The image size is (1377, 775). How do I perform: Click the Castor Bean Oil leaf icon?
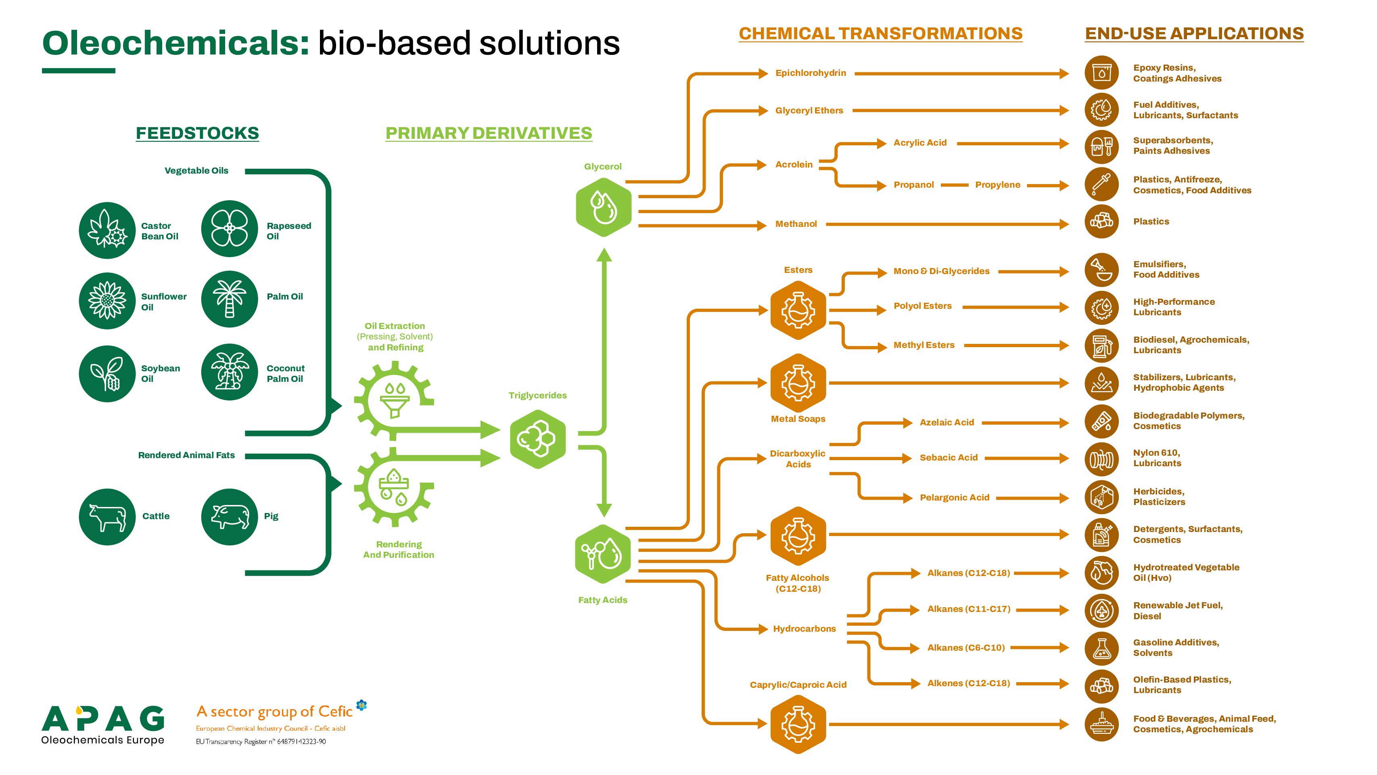pos(107,230)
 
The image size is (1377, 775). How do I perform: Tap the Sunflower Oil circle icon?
pos(107,301)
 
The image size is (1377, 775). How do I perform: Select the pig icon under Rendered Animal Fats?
pos(230,517)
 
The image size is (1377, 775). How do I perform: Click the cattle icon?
pos(107,517)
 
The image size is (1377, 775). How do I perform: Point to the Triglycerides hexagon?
pos(538,439)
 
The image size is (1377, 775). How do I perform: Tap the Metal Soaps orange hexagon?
pos(798,383)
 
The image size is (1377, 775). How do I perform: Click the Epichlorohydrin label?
pos(811,73)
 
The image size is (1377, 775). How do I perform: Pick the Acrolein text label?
pos(794,164)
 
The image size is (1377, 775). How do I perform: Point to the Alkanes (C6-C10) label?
pos(966,648)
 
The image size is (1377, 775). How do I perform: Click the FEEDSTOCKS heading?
pos(197,133)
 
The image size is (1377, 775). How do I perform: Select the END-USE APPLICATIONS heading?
pos(1194,33)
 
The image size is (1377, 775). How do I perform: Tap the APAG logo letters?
pos(103,718)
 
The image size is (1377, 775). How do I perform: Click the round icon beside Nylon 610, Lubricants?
pos(1102,459)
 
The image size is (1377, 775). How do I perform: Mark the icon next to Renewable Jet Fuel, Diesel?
pos(1102,610)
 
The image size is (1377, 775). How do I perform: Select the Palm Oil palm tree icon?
pos(230,300)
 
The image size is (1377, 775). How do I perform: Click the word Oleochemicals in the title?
pos(176,43)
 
